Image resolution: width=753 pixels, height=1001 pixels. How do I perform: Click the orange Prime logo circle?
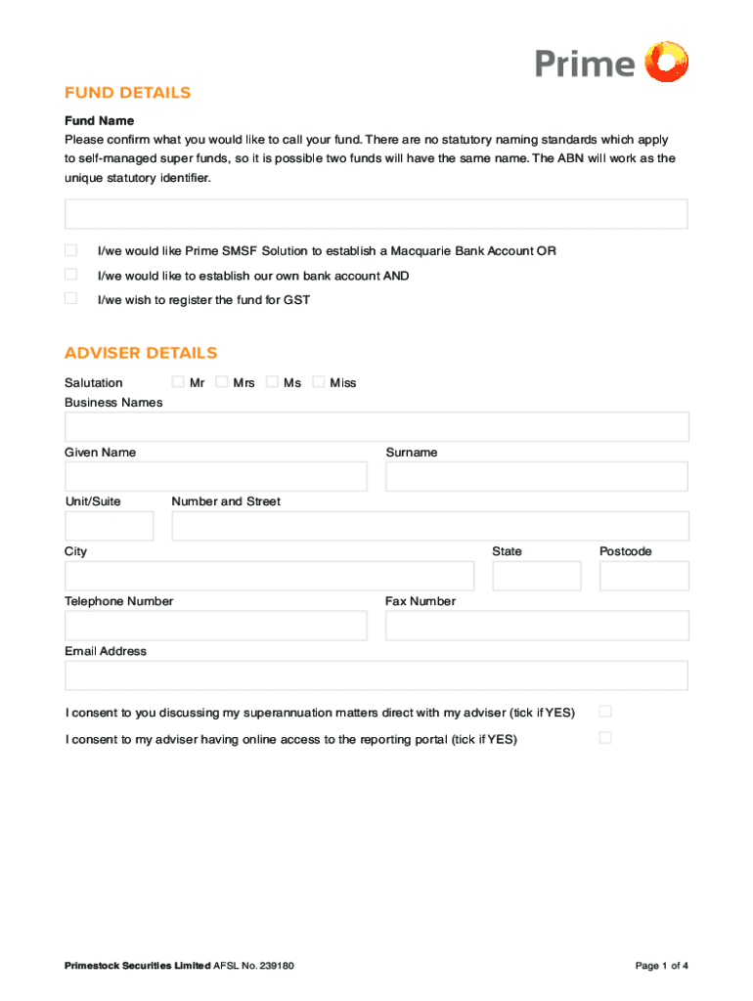(668, 62)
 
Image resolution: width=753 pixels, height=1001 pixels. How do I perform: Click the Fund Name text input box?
(376, 214)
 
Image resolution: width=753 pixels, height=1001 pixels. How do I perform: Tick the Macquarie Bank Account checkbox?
(70, 250)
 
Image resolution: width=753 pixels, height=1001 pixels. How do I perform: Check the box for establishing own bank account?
(70, 275)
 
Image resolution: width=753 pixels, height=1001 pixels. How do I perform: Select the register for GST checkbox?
(70, 298)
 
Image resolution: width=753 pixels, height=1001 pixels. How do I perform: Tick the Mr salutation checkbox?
(177, 381)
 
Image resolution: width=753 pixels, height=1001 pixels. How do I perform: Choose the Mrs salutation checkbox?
(222, 381)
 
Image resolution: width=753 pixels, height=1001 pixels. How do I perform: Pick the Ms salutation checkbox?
(272, 381)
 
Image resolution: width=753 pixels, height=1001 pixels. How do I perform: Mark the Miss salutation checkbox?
(318, 381)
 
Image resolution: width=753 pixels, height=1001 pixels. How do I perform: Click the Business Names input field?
(376, 426)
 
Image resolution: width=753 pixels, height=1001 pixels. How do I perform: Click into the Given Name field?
(215, 476)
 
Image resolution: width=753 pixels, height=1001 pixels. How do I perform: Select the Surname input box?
(536, 476)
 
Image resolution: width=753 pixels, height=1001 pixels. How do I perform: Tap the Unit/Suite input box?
(109, 526)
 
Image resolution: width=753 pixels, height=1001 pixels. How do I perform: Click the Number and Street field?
(429, 526)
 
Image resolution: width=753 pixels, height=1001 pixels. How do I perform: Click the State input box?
(536, 576)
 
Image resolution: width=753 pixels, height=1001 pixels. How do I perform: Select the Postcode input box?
(643, 576)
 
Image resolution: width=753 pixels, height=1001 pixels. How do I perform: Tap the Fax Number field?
(536, 626)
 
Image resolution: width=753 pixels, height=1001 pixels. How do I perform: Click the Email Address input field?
(376, 675)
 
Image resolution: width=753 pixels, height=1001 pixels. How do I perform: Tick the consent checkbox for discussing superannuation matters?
(604, 711)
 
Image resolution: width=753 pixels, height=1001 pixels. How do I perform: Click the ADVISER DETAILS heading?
(141, 353)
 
